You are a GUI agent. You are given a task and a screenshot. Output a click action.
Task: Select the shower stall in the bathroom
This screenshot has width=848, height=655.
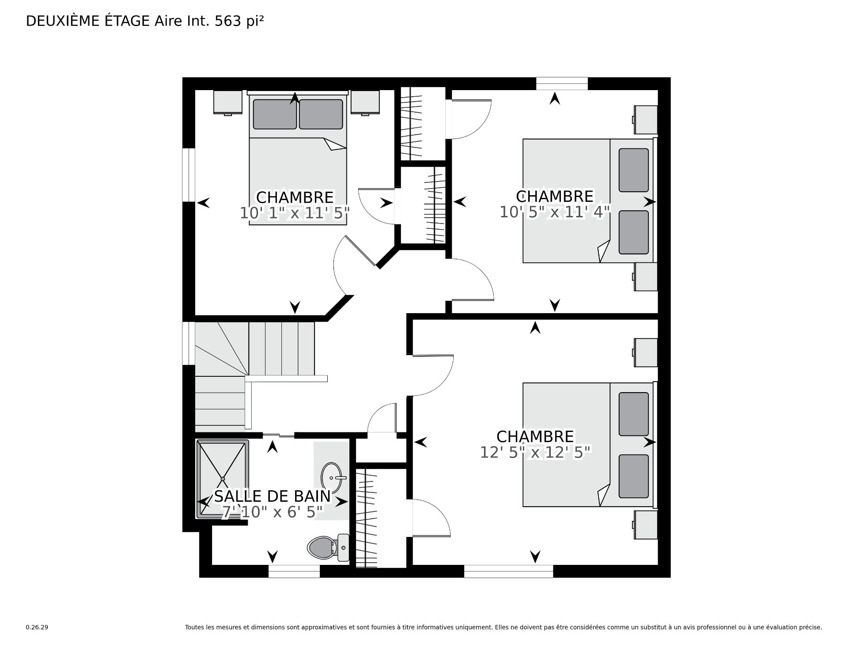[222, 478]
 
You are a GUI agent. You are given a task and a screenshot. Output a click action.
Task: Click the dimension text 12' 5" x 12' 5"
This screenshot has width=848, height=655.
[535, 452]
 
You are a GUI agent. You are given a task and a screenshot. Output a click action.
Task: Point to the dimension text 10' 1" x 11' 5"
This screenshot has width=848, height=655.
[295, 213]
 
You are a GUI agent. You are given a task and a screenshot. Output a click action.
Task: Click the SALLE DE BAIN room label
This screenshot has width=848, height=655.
[273, 496]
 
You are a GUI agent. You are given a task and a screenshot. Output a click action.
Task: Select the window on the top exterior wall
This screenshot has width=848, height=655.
[562, 83]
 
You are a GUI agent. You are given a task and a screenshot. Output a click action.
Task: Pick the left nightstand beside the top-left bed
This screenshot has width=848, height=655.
[228, 102]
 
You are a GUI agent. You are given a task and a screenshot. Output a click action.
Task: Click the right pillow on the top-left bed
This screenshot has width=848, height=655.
[321, 114]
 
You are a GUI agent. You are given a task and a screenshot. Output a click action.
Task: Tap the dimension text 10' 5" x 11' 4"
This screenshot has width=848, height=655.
[555, 212]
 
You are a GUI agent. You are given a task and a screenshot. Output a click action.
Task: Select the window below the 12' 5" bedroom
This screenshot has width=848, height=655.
[508, 572]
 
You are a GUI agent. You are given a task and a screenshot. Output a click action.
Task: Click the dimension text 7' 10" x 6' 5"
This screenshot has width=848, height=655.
[273, 512]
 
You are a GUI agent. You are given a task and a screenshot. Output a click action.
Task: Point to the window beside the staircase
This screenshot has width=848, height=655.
[189, 343]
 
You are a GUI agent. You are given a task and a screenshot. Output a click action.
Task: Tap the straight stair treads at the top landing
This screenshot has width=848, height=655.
[281, 348]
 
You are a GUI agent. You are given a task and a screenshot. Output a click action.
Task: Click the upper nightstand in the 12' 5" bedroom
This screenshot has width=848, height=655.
[646, 352]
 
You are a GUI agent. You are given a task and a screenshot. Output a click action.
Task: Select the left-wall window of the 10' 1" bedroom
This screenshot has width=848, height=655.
[189, 175]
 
